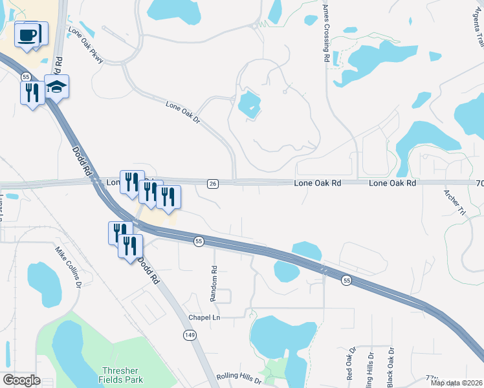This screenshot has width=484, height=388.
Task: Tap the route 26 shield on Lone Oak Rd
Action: click(213, 184)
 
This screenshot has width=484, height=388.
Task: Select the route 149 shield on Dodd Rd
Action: click(188, 334)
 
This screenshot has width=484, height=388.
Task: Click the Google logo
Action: click(21, 380)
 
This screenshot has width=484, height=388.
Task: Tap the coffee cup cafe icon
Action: click(27, 35)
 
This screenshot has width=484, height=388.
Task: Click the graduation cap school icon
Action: click(57, 87)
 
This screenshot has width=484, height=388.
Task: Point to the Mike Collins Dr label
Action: click(67, 266)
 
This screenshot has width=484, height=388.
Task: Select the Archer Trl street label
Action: click(454, 202)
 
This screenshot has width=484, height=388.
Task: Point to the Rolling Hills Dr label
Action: click(239, 380)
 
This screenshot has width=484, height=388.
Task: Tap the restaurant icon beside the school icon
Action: click(32, 92)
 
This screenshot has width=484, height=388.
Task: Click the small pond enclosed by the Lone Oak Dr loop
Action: click(249, 104)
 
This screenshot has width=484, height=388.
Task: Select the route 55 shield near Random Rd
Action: click(199, 241)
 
